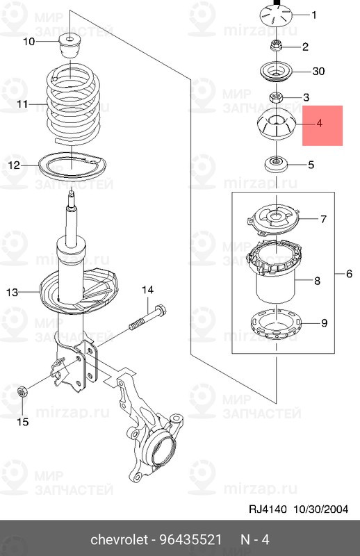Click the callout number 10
coord(29,42)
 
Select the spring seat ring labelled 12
coord(72,166)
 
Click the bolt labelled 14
coord(147,317)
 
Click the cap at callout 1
coord(276,16)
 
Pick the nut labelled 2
coord(276,46)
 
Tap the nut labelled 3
coord(276,97)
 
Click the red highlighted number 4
coord(319,124)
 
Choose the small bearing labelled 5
coord(276,165)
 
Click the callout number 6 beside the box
coord(349,273)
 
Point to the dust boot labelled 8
coord(275,271)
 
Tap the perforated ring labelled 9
coord(276,324)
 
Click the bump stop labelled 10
coord(70,45)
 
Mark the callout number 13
coord(12,292)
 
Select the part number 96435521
coord(190,540)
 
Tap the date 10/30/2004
coord(320,509)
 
